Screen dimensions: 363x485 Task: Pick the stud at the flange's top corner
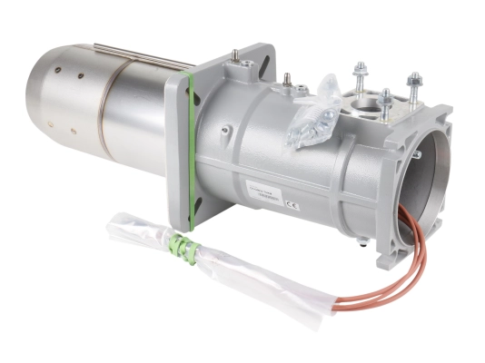tap(235, 60)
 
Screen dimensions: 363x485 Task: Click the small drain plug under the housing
tap(361, 240)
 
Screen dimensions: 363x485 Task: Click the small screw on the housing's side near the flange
tap(286, 86)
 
